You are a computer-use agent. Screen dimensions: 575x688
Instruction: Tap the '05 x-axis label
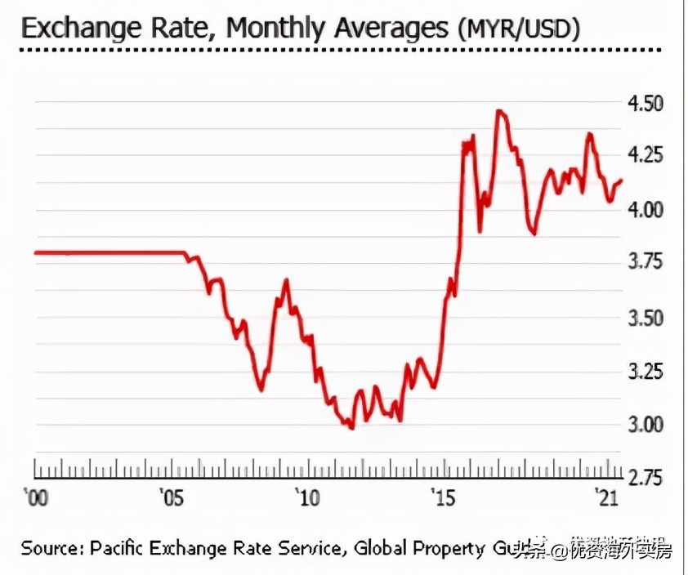tap(171, 497)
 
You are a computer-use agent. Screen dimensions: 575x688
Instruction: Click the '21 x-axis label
tap(605, 497)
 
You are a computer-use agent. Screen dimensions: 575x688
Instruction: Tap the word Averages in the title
tap(390, 29)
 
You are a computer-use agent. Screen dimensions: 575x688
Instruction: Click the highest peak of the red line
tap(498, 111)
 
